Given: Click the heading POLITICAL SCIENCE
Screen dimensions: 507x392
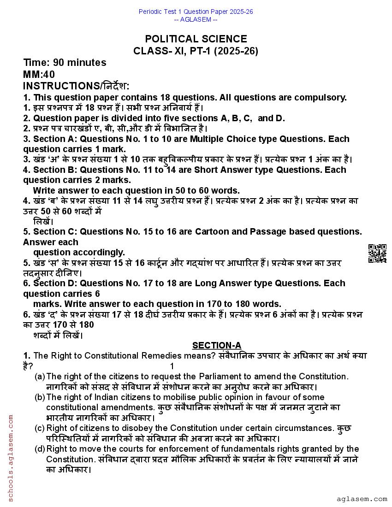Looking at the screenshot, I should click(196, 39).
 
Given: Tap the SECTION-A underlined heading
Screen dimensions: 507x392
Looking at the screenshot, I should click(216, 346).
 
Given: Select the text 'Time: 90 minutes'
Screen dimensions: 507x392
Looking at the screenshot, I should click(65, 63).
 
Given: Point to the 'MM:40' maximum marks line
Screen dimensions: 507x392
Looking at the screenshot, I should click(39, 74).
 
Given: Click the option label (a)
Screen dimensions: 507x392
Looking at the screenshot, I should click(40, 377).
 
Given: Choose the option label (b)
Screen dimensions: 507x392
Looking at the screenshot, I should click(40, 397).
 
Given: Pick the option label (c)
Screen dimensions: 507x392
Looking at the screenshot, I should click(40, 428).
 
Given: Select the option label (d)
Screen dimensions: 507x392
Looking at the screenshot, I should click(40, 449).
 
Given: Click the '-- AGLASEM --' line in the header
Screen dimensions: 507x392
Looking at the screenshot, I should click(196, 19).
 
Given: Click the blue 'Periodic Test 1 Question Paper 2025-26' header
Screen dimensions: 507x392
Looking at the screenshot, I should click(196, 12).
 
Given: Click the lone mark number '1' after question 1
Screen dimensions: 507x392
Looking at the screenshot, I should click(172, 366).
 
